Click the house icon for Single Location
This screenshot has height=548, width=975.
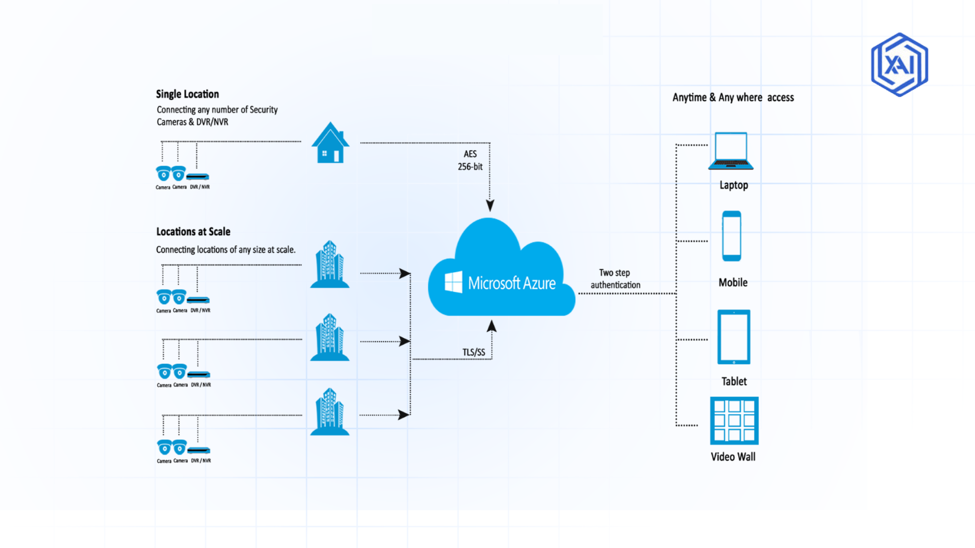[x=330, y=144]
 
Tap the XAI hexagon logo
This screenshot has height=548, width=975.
[x=899, y=65]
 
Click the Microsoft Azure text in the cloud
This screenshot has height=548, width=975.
[x=511, y=283]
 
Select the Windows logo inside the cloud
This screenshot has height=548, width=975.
[x=453, y=282]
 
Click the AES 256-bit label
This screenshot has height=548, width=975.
[x=470, y=160]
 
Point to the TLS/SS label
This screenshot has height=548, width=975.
[x=473, y=352]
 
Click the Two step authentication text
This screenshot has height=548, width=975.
[x=615, y=279]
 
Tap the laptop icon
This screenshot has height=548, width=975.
[x=731, y=151]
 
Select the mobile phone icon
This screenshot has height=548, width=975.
[x=731, y=236]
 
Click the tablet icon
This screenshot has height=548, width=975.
[x=733, y=337]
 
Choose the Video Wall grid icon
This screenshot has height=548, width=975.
[x=734, y=421]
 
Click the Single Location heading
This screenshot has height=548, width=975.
[x=187, y=94]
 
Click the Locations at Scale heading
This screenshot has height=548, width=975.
[x=193, y=231]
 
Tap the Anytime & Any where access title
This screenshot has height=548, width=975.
[x=733, y=97]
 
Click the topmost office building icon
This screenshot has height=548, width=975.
[x=330, y=264]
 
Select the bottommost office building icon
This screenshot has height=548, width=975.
[x=330, y=412]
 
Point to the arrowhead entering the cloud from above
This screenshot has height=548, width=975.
[x=490, y=205]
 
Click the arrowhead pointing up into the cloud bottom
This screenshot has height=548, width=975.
[x=492, y=326]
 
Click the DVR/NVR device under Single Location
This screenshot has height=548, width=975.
[x=198, y=177]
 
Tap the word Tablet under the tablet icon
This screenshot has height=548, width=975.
[x=734, y=381]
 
